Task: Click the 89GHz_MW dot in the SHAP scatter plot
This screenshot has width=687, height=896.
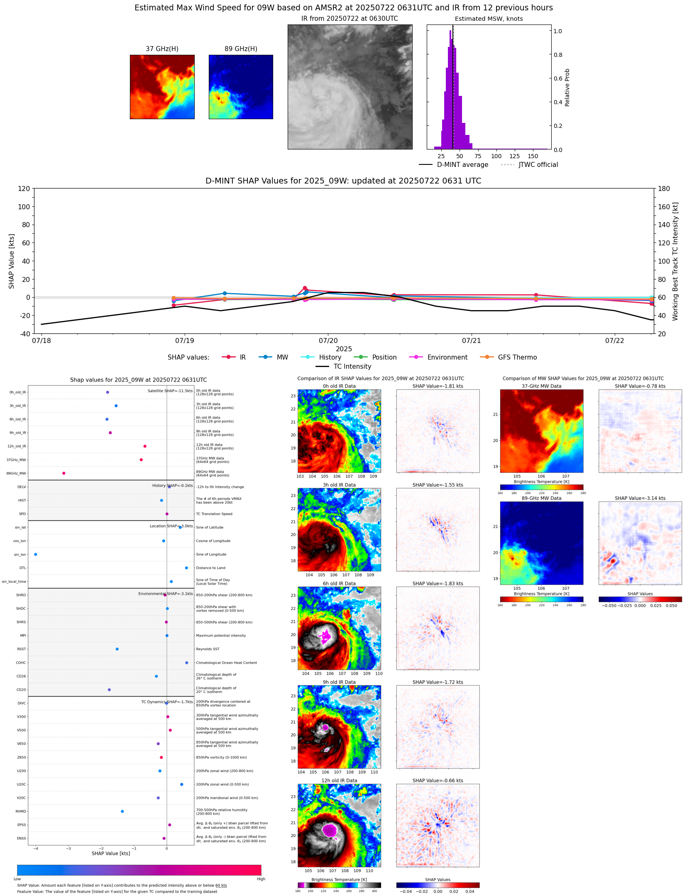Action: [64, 473]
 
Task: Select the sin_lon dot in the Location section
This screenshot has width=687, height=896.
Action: [36, 554]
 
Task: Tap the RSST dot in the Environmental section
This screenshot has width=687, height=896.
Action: [117, 649]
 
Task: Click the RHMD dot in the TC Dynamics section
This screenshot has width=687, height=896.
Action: [122, 811]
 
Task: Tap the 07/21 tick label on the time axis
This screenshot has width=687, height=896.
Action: [471, 341]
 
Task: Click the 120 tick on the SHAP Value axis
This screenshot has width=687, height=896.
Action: [24, 189]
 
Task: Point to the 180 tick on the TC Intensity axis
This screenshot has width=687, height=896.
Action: [664, 189]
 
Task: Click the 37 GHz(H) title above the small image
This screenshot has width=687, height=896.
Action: [162, 49]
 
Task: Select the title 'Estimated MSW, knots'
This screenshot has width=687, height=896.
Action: [489, 19]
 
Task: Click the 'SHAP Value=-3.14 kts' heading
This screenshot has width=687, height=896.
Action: [640, 498]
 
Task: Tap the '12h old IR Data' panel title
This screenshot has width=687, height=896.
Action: [339, 781]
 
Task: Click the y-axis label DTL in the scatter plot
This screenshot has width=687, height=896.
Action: [22, 568]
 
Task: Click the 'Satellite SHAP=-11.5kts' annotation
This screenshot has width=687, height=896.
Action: [170, 391]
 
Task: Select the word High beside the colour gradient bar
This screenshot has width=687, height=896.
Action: [261, 879]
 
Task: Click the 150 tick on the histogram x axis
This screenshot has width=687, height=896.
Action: [533, 157]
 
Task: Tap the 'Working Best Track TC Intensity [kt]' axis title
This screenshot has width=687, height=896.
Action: [675, 262]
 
